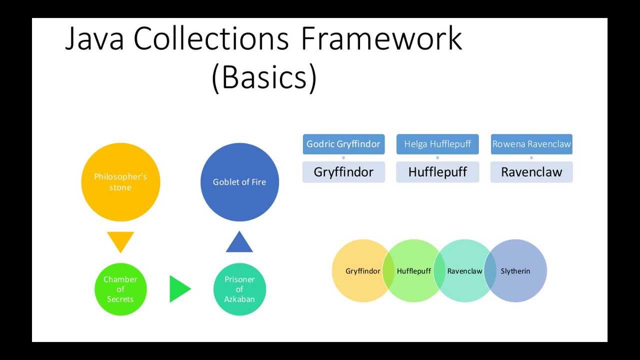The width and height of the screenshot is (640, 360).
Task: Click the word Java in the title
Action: (x=94, y=38)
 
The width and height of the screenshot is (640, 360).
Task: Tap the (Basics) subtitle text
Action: (x=264, y=77)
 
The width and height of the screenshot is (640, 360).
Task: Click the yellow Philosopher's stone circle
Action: (x=120, y=182)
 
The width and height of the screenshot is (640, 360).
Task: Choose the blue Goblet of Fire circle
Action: (x=239, y=182)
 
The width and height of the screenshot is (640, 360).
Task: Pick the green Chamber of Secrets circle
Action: (x=120, y=289)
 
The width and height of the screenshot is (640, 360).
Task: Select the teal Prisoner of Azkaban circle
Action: (x=239, y=289)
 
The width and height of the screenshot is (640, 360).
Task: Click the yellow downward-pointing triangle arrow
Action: (x=120, y=240)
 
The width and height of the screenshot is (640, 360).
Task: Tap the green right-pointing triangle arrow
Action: (x=179, y=289)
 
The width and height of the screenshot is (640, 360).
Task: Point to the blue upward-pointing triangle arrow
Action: (x=239, y=243)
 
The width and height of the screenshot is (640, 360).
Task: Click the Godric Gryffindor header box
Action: (x=343, y=144)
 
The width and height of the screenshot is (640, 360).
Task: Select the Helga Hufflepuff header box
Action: (x=437, y=144)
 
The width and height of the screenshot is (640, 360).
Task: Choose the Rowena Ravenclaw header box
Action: (x=531, y=144)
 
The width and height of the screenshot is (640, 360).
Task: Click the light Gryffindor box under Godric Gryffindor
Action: (x=343, y=172)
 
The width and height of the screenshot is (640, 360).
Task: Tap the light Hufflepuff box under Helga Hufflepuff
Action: (x=437, y=172)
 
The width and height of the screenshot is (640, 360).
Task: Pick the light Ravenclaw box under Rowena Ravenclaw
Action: (x=531, y=172)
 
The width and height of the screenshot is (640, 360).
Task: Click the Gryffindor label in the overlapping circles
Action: (x=363, y=271)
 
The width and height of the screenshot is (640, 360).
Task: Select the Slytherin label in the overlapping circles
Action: (x=515, y=271)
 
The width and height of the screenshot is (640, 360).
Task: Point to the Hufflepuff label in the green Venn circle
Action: (x=414, y=271)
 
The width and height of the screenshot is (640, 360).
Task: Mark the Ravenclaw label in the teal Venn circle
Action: (x=464, y=271)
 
